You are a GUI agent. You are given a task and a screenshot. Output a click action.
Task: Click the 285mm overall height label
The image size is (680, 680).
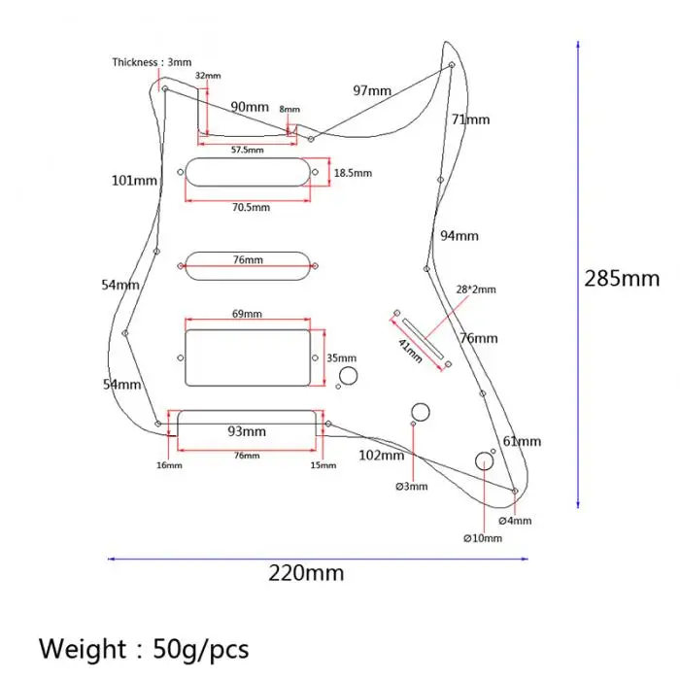click(x=622, y=279)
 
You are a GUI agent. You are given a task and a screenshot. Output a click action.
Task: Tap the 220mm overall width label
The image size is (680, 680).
click(x=306, y=573)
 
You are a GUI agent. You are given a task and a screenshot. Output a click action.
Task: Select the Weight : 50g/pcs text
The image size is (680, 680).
click(x=144, y=649)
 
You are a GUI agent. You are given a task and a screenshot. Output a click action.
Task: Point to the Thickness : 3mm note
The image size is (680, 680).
click(x=152, y=62)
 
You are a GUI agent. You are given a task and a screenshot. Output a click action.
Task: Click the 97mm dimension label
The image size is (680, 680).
click(x=372, y=90)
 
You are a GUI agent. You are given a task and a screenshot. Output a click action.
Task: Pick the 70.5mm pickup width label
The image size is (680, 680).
click(x=251, y=207)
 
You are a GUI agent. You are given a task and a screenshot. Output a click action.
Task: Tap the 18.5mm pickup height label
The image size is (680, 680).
click(x=353, y=173)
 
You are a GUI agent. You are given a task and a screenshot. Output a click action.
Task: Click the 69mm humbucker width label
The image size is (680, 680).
click(x=247, y=314)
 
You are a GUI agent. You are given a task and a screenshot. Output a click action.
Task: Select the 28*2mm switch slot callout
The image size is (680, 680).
click(x=476, y=289)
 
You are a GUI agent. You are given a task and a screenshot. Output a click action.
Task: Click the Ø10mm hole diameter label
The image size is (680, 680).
click(x=483, y=538)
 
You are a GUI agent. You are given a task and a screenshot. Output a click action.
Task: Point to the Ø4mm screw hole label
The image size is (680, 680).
click(x=515, y=521)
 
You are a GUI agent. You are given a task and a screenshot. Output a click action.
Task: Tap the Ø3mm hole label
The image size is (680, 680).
click(x=412, y=486)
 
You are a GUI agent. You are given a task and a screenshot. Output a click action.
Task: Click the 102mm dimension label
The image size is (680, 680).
click(x=382, y=456)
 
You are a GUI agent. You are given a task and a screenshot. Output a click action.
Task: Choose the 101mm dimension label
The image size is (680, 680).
click(x=134, y=181)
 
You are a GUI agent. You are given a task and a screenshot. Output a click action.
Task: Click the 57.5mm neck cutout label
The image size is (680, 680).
click(x=247, y=150)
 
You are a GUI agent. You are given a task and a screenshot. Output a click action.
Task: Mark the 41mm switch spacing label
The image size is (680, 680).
click(x=410, y=351)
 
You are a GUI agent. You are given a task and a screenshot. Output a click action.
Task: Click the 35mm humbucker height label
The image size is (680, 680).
click(x=342, y=358)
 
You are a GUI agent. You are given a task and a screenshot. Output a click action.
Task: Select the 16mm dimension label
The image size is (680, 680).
click(x=169, y=465)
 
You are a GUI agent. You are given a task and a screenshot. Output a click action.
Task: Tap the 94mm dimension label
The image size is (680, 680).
click(x=459, y=236)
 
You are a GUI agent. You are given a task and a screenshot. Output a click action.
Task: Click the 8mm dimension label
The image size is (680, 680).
click(x=289, y=109)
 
